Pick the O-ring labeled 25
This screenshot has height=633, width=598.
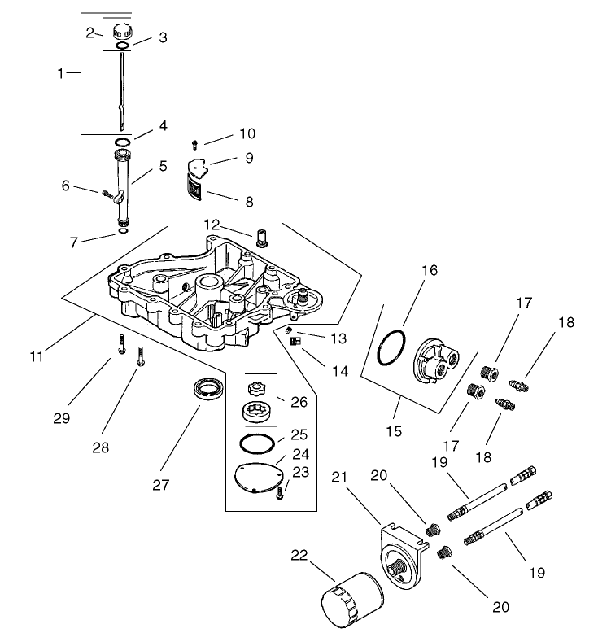(x=257, y=444)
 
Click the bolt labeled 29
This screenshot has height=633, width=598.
(x=120, y=344)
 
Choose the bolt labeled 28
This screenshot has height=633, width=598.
(x=142, y=355)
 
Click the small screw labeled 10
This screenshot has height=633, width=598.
(x=194, y=145)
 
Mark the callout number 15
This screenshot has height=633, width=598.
(x=394, y=430)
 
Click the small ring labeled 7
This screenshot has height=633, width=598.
(x=122, y=231)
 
